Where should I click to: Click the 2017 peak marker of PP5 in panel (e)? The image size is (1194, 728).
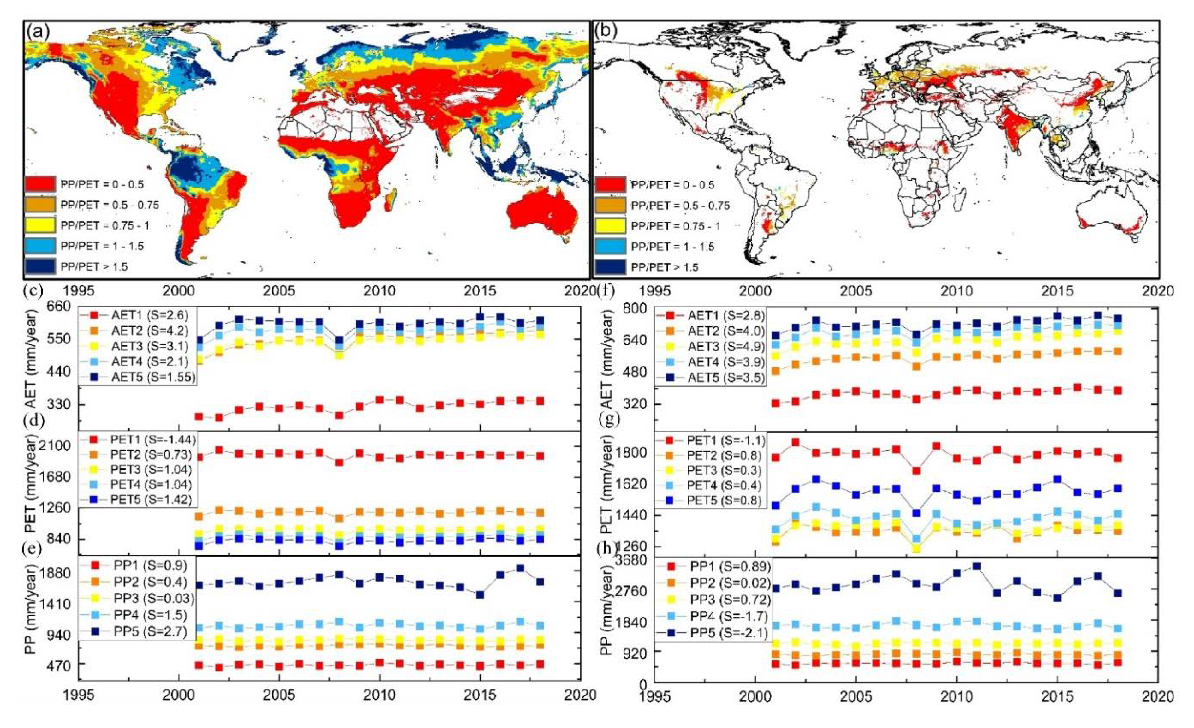click(520, 568)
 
